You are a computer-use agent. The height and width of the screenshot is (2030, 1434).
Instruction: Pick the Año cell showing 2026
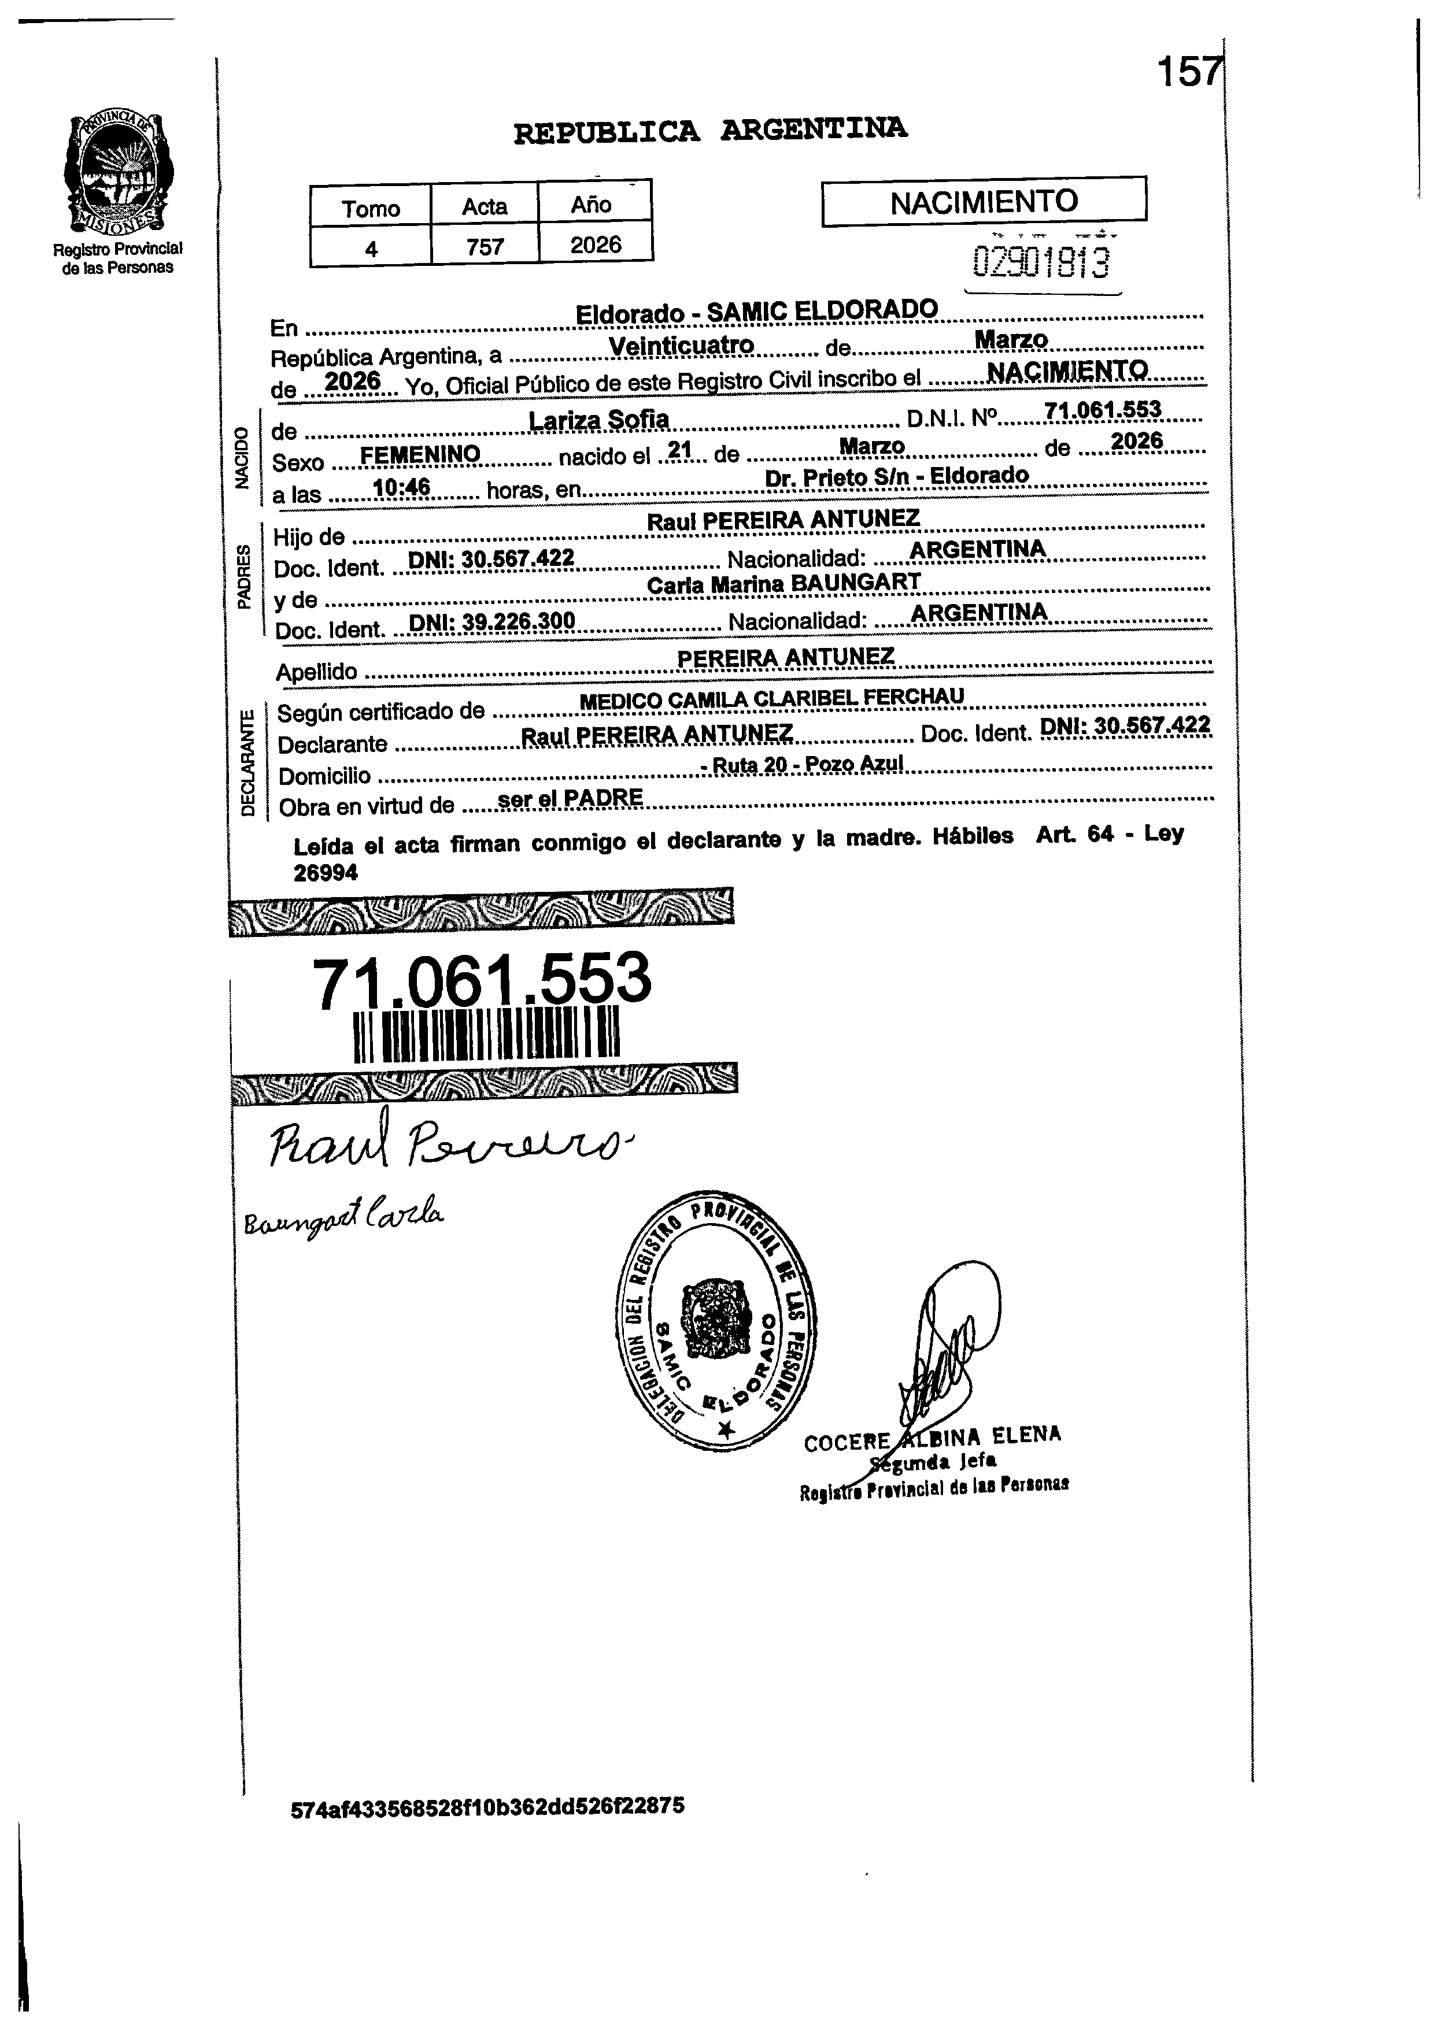click(x=596, y=244)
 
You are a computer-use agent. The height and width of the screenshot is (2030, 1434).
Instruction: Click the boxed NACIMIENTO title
click(x=984, y=202)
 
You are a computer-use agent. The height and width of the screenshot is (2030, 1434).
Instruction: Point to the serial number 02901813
click(x=1040, y=262)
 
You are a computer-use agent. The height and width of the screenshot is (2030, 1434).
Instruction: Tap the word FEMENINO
click(x=420, y=454)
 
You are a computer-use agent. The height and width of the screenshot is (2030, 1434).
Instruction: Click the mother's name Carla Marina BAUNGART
click(x=784, y=584)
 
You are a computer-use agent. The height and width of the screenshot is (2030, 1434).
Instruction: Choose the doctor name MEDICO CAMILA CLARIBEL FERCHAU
click(x=771, y=698)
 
